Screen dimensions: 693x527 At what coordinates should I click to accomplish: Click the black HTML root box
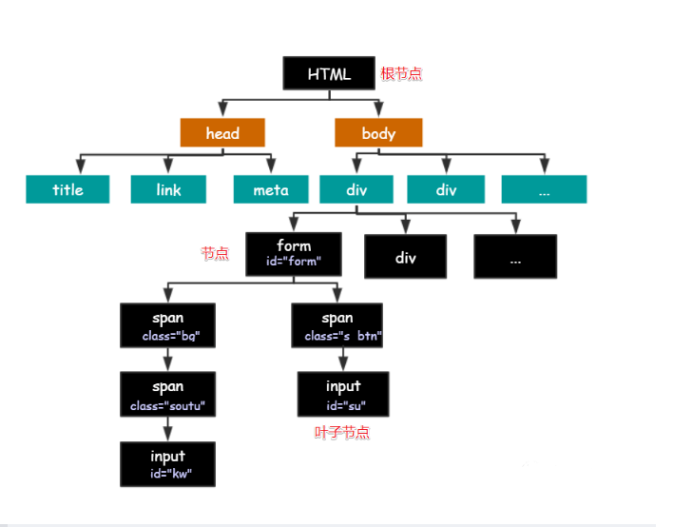pos(329,73)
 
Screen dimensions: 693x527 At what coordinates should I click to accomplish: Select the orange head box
pos(222,132)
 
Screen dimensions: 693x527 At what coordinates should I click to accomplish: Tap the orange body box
pos(378,132)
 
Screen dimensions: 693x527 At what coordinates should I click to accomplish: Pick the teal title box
pos(67,189)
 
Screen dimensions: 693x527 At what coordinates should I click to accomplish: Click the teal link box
pos(168,189)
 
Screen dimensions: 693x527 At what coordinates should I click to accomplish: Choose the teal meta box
pos(271,189)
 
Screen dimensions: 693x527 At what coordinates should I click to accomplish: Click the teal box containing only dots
pos(544,189)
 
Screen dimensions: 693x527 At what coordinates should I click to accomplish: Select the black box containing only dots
pos(515,257)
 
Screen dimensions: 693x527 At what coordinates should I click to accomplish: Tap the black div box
pos(405,257)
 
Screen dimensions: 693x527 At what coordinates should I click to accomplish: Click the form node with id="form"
pos(294,254)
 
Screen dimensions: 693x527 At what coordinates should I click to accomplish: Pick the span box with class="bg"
pos(168,325)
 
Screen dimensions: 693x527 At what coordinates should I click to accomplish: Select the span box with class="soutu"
pos(168,394)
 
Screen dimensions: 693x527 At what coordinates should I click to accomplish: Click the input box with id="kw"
pos(168,464)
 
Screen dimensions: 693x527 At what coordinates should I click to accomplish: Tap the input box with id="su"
pos(343,394)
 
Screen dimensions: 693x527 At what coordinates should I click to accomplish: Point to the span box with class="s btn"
pos(337,325)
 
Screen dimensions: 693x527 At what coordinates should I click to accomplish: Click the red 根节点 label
pos(401,73)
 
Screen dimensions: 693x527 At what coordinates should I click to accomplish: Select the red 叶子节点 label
pos(342,432)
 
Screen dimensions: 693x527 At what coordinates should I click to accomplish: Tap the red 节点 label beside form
pos(215,253)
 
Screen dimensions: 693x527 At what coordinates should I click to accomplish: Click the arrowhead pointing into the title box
pos(81,166)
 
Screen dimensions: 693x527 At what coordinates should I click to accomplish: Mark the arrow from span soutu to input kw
pos(168,429)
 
